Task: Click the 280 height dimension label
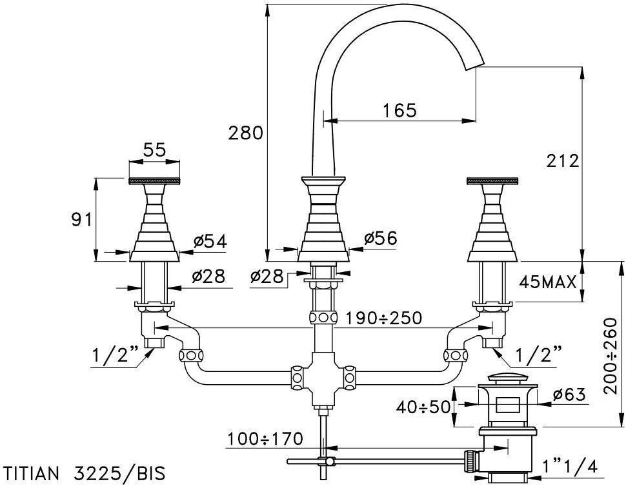[246, 133]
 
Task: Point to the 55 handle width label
[154, 150]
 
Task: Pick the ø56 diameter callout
[379, 238]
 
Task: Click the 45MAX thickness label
[548, 282]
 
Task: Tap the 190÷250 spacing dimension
[383, 318]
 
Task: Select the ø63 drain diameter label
[570, 393]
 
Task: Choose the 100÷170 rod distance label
[265, 439]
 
